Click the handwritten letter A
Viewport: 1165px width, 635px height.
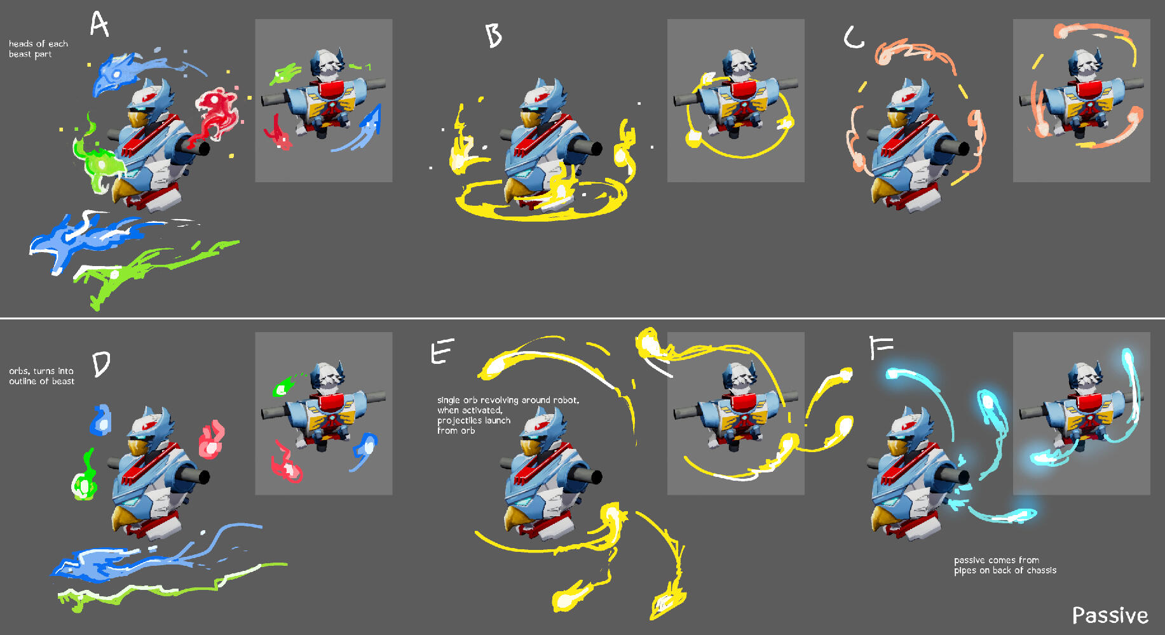click(x=99, y=24)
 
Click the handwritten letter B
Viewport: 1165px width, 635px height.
click(x=493, y=36)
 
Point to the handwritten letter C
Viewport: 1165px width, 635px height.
click(x=854, y=37)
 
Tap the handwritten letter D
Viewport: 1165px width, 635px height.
click(x=101, y=364)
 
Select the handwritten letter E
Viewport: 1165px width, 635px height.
click(x=442, y=351)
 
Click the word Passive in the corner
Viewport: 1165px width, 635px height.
click(x=1110, y=615)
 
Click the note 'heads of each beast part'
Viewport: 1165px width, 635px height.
click(x=38, y=49)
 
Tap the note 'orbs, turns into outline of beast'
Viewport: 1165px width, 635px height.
click(x=41, y=376)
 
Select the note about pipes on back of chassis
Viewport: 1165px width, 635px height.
click(x=1005, y=565)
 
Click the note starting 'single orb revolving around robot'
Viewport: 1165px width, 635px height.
click(x=508, y=415)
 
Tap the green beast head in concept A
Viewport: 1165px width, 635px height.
click(x=99, y=163)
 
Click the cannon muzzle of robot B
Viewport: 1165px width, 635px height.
click(x=596, y=149)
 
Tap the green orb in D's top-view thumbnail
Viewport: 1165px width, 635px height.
click(x=282, y=387)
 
